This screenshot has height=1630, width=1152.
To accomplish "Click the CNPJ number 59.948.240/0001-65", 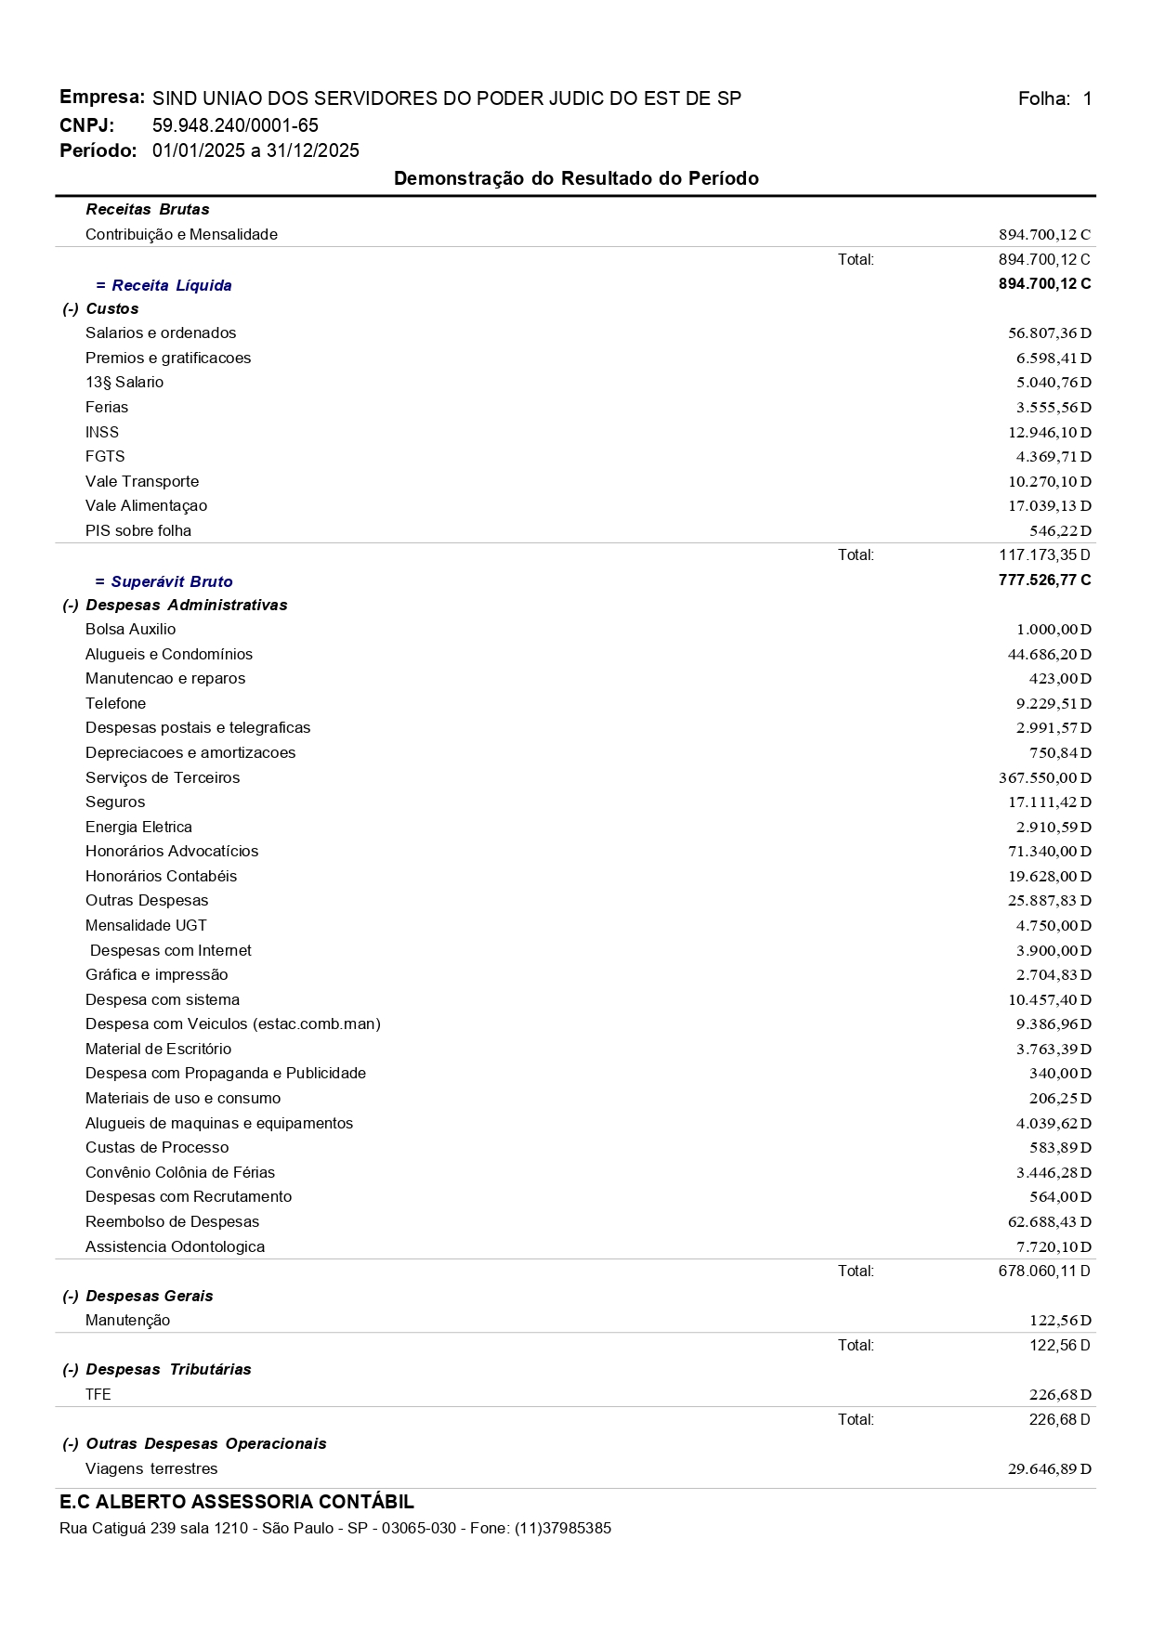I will [x=235, y=125].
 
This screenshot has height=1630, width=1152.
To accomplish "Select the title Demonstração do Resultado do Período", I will [x=576, y=178].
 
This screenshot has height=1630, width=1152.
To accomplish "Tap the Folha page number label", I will [x=1054, y=99].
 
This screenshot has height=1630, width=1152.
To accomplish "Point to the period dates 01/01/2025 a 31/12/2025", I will [x=255, y=151].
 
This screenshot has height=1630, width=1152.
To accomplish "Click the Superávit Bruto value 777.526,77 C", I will [x=1044, y=580].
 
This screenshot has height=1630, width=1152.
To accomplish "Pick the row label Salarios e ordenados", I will [x=161, y=333].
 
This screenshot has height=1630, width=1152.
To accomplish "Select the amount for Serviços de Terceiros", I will [x=1044, y=778].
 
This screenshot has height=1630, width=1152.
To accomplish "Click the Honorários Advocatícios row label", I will [x=172, y=852].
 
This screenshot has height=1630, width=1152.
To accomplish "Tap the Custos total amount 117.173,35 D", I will [x=1044, y=555].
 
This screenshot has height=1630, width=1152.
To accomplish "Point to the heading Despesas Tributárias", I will [x=167, y=1370].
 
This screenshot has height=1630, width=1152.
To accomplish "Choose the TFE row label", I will [x=98, y=1395].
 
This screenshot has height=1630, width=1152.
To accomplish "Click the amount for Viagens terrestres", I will [x=1049, y=1469].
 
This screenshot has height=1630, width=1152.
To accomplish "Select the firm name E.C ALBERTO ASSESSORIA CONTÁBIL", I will [x=237, y=1502].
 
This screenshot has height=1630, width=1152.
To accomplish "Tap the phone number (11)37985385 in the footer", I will [x=563, y=1529].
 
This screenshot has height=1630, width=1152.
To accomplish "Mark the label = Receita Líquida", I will [x=164, y=286].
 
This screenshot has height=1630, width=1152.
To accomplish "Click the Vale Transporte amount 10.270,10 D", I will [x=1049, y=482].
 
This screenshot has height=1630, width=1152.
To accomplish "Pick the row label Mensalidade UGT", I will [x=146, y=926].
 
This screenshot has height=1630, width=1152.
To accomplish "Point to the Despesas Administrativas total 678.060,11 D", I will [x=1044, y=1271].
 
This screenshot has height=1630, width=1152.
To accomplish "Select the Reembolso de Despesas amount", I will [x=1049, y=1222].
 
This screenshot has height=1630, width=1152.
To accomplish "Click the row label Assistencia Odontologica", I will [x=175, y=1247].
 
